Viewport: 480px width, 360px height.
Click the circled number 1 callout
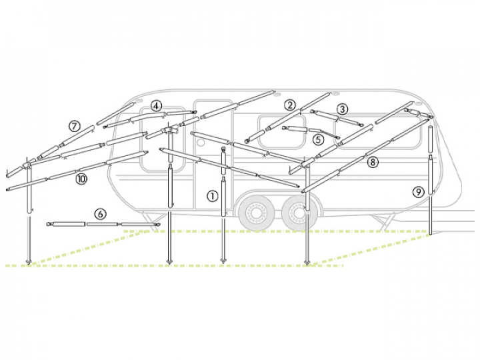pyautogui.click(x=213, y=196)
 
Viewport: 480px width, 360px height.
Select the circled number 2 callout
pyautogui.click(x=289, y=105)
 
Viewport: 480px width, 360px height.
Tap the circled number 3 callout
pyautogui.click(x=342, y=109)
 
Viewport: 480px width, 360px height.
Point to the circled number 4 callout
pyautogui.click(x=156, y=106)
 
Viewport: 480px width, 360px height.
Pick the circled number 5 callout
pyautogui.click(x=319, y=139)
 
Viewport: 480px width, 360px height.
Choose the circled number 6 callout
pyautogui.click(x=101, y=214)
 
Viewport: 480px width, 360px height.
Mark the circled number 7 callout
pyautogui.click(x=74, y=126)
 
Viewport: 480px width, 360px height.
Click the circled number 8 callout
pyautogui.click(x=373, y=162)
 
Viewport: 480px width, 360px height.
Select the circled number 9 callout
pyautogui.click(x=418, y=192)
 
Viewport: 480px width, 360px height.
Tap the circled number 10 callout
pyautogui.click(x=81, y=179)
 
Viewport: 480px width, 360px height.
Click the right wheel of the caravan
pyautogui.click(x=298, y=212)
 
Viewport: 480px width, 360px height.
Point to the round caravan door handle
pyautogui.click(x=201, y=143)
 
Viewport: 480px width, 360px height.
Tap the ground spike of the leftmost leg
pyautogui.click(x=29, y=262)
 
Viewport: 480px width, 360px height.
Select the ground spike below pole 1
pyautogui.click(x=223, y=261)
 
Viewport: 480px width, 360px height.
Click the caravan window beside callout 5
pyautogui.click(x=282, y=131)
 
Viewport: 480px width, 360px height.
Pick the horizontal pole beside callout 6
pyautogui.click(x=103, y=225)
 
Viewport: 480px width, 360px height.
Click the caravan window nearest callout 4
pyautogui.click(x=163, y=139)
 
